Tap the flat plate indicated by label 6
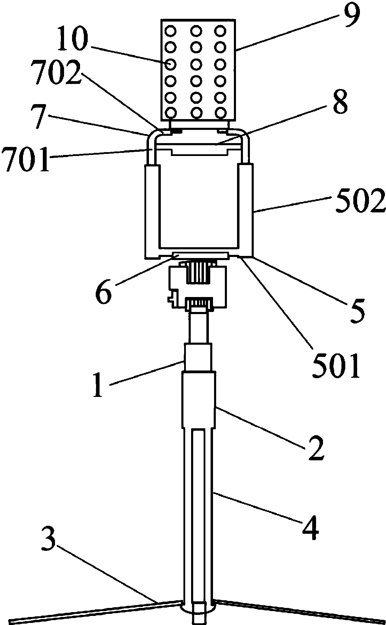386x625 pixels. [201, 256]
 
